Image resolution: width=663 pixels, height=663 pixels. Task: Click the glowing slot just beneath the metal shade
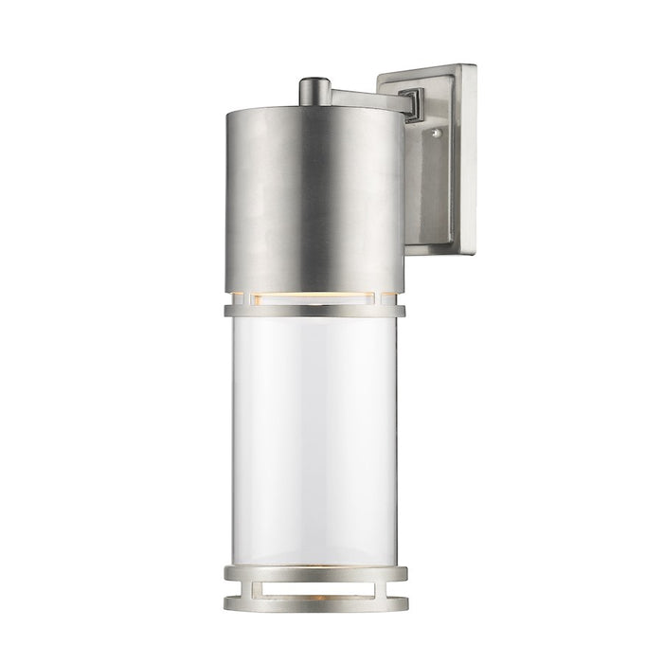click(314, 296)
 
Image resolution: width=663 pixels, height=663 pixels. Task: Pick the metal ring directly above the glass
click(314, 310)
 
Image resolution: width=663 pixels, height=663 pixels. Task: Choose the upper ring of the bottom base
click(314, 569)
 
